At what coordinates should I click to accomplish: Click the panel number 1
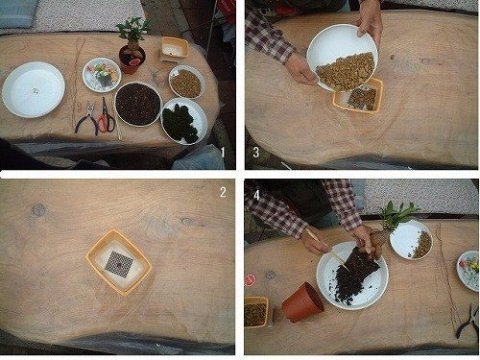223,153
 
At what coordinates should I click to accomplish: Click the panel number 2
223,192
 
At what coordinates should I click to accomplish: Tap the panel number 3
256,152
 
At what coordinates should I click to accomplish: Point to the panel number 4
256,195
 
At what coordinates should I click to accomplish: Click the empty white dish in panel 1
33,89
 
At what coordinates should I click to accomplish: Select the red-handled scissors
107,117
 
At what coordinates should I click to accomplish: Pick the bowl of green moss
184,121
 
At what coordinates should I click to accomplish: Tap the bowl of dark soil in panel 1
138,104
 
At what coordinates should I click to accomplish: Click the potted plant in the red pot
133,47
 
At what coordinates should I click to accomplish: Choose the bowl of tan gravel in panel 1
186,82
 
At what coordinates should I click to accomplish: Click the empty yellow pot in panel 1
174,49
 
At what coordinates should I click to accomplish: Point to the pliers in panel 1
87,119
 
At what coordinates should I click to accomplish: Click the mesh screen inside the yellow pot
119,264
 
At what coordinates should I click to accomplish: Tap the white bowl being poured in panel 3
342,58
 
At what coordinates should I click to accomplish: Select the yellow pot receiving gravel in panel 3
358,96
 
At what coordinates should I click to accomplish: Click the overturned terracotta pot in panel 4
303,302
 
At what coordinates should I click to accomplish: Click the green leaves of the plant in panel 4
399,213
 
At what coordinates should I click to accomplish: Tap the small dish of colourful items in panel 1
102,75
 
